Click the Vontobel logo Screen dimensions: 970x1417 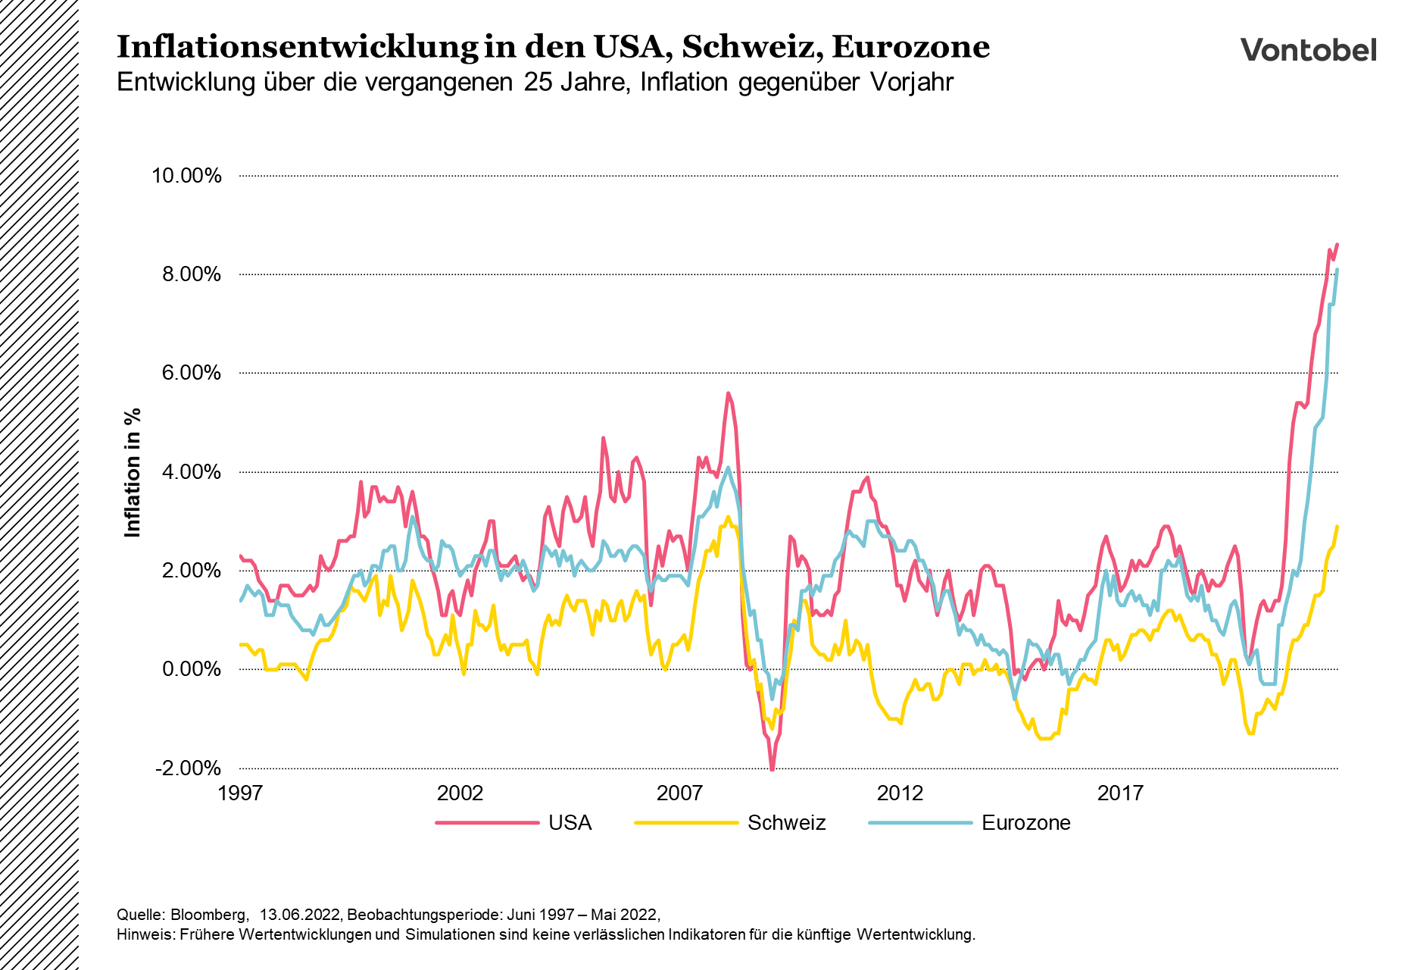[x=1308, y=50]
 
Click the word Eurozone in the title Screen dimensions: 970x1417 [x=911, y=47]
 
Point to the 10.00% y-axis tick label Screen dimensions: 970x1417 [x=186, y=176]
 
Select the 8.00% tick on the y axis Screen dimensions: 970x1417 [x=191, y=274]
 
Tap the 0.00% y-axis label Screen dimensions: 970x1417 [x=191, y=669]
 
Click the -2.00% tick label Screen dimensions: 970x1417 [x=188, y=768]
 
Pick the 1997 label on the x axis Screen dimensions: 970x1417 [x=240, y=793]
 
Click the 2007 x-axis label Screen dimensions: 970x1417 [x=679, y=793]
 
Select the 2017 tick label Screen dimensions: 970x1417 [x=1120, y=793]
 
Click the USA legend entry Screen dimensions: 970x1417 [x=570, y=823]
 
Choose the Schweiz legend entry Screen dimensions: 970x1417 [x=786, y=823]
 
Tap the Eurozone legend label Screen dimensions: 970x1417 [x=1025, y=823]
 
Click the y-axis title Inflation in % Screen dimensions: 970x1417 [x=133, y=473]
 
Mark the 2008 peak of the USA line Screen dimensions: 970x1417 [x=728, y=393]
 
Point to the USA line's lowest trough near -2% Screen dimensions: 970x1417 [x=772, y=768]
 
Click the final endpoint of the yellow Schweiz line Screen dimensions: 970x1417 [x=1337, y=527]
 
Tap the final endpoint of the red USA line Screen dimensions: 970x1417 [x=1337, y=244]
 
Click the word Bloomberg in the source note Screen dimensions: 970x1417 [x=209, y=914]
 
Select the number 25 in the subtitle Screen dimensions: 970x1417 [x=537, y=82]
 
